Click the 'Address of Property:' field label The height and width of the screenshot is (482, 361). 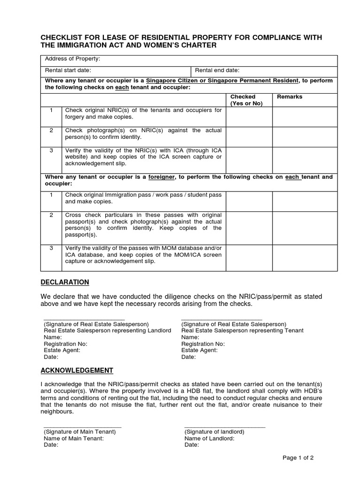coord(72,59)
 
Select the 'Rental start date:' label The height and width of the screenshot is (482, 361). coord(68,70)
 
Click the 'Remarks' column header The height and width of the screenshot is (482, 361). coord(290,96)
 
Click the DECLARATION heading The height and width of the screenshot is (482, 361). coord(64,282)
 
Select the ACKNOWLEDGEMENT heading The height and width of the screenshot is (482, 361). coord(77,370)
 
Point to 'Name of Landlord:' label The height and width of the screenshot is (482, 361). coord(209,438)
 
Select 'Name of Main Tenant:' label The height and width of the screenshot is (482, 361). coord(73,438)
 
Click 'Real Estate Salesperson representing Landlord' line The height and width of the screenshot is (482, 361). coord(107,330)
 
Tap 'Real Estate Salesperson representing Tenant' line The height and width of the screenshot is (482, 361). coord(242,330)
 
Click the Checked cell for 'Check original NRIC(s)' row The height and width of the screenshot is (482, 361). coord(249,117)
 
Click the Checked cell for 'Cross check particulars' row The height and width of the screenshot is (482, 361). coord(249,227)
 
